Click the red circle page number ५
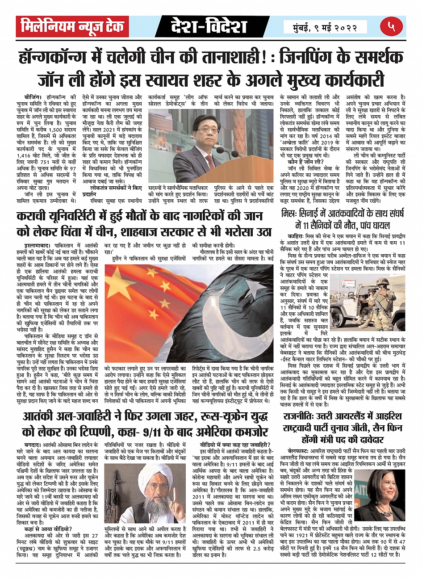392,26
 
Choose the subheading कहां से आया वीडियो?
45,528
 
